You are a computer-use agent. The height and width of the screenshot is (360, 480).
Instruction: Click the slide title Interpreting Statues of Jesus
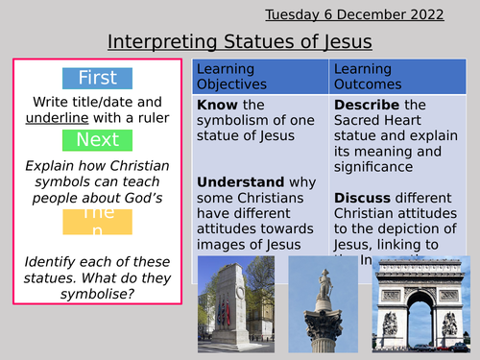(x=240, y=42)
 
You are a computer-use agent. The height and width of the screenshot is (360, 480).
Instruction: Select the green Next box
(x=98, y=140)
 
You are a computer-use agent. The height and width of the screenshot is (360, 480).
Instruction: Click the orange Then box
(x=98, y=222)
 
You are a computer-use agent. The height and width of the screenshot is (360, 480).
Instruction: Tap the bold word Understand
(x=240, y=181)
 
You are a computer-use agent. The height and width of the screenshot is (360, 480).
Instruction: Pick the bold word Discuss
(x=362, y=197)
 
